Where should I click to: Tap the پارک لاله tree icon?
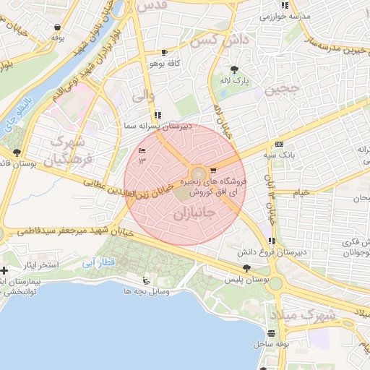(x=233, y=70)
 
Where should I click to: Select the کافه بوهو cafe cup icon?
(x=165, y=53)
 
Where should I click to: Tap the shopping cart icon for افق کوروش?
(x=212, y=171)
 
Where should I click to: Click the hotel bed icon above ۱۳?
(x=142, y=150)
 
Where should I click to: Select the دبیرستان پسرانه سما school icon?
(x=158, y=115)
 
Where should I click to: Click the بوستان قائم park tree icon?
(x=17, y=152)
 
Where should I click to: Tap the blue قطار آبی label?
(x=99, y=262)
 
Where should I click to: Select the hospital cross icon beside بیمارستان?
(x=5, y=270)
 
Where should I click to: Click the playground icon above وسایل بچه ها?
(x=147, y=280)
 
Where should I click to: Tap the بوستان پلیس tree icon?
(x=247, y=267)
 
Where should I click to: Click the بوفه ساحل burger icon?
(x=271, y=333)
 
